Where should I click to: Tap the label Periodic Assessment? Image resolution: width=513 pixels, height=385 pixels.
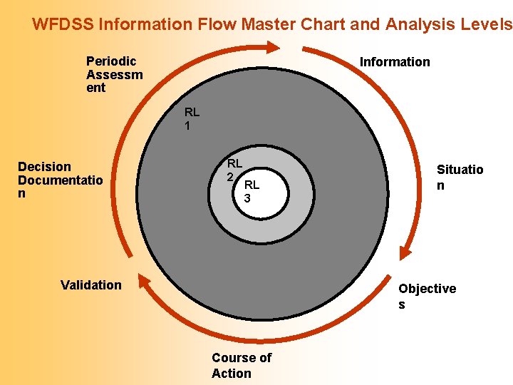114,74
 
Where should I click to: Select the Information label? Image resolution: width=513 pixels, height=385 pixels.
395,62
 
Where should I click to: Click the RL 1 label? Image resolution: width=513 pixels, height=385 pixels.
192,118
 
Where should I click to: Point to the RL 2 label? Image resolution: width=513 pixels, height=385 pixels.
234,170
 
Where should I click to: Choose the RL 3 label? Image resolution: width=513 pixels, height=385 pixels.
252,192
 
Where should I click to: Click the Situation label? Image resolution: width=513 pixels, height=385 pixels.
460,177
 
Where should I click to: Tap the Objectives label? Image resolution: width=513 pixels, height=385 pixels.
427,296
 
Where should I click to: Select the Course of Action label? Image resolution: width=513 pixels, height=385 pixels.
241,365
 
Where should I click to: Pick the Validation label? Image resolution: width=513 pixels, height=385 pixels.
91,285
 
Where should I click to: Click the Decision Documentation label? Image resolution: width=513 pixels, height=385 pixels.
60,180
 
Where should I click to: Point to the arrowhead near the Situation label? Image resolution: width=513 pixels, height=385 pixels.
405,252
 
